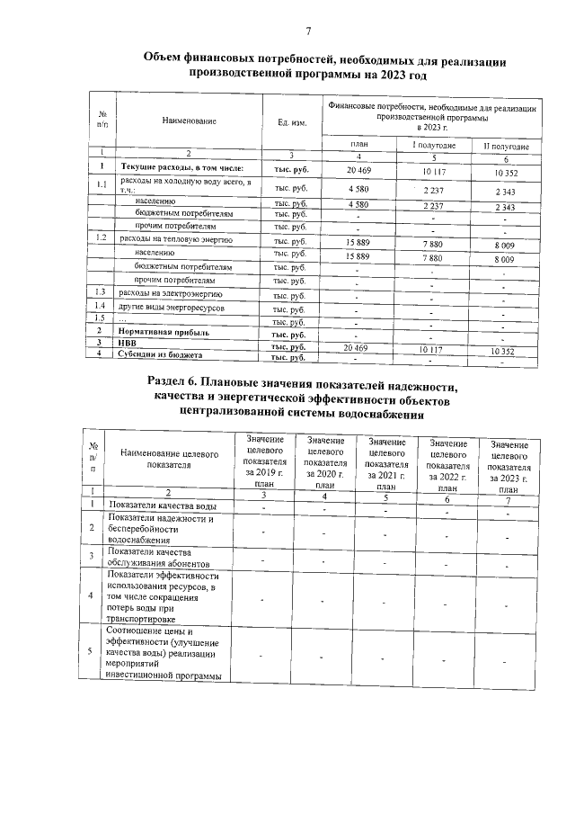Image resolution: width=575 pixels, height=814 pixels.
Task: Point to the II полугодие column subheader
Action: pyautogui.click(x=506, y=147)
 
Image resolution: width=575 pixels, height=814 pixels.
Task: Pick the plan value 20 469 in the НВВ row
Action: pyautogui.click(x=357, y=346)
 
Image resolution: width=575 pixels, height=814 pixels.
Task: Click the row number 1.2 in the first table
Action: pyautogui.click(x=102, y=239)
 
